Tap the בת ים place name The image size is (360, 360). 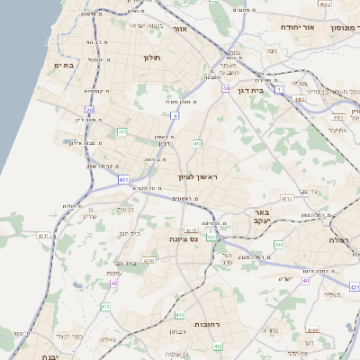[x=62, y=65]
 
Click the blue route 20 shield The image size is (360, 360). [x=89, y=110]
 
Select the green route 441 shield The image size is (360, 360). [x=121, y=132]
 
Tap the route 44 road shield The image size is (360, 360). [x=226, y=88]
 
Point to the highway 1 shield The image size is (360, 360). [x=279, y=89]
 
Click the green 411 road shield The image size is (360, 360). [x=105, y=306]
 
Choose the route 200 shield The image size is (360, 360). [x=278, y=244]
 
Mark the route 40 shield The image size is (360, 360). [x=305, y=280]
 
